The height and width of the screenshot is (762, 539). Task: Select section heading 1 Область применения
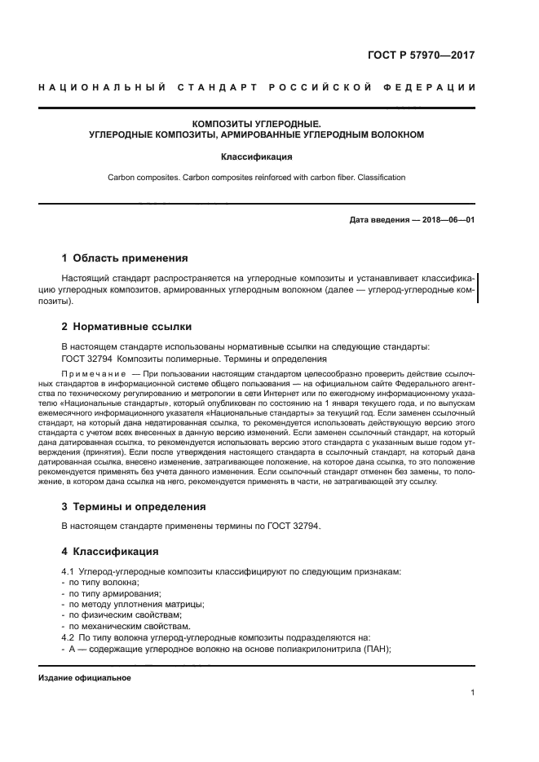[124, 258]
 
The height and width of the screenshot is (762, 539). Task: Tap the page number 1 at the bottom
[473, 694]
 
